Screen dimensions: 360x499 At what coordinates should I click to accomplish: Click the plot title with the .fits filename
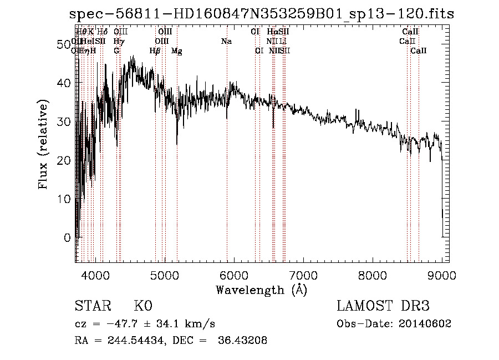[261, 14]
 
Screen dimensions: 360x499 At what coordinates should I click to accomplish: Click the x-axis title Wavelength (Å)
[261, 289]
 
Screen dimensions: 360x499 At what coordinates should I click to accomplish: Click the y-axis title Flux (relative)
[43, 144]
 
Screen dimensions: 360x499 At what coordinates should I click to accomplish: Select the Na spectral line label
[226, 41]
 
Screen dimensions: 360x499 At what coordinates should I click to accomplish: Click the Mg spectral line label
[176, 51]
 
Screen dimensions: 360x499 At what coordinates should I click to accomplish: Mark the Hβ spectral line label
[155, 51]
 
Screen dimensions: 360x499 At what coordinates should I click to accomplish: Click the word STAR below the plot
[92, 306]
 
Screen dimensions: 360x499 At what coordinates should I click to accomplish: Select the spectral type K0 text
[142, 306]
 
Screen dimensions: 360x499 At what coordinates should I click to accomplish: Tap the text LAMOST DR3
[383, 306]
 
